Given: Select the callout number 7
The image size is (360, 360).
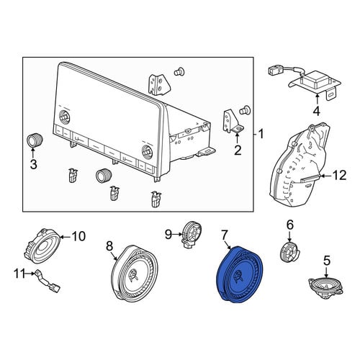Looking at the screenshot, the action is coord(224,235).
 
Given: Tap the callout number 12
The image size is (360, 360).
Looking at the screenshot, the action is coord(339,176).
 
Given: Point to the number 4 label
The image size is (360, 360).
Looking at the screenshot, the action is coord(317,111).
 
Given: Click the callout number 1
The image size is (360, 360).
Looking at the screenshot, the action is coord(261,134).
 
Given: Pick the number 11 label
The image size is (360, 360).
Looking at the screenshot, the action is coord(19,274).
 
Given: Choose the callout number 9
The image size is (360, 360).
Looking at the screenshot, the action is coord(168,234).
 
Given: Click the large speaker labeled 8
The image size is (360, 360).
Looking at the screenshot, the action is coord(135,272).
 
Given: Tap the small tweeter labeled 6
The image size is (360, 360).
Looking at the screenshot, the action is coord(289,252).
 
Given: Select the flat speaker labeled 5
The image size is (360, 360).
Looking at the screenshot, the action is coord(325,287).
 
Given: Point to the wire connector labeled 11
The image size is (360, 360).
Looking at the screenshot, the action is coord(48,282).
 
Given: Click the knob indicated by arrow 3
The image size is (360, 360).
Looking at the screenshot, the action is coord(35,140).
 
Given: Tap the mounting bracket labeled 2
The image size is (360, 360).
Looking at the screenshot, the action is coord(233,122).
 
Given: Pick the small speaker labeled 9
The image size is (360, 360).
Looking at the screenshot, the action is coord(192,233).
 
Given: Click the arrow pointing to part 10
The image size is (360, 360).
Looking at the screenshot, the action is coord(65,237).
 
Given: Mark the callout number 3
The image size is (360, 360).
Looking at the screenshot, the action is coord(33,164).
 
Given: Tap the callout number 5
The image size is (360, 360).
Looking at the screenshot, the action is coord(327,261).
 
